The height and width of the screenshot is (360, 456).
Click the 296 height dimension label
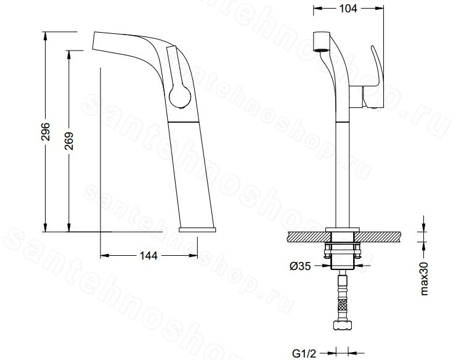[x=46, y=131]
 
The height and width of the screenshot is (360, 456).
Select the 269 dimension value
[x=69, y=141]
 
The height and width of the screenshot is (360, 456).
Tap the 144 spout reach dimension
[x=149, y=256]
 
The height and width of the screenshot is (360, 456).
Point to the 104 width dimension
[x=348, y=9]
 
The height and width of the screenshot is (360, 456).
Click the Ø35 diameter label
[x=300, y=266]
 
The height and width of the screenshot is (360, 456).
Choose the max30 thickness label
[x=425, y=279]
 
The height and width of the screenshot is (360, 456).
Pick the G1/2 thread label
[x=304, y=354]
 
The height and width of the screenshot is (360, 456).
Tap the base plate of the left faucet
[x=197, y=229]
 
